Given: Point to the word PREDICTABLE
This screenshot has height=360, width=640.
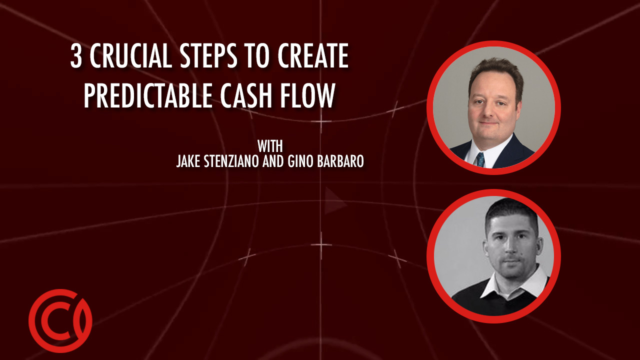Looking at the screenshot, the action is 147,95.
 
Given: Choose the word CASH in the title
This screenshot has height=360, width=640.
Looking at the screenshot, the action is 245,95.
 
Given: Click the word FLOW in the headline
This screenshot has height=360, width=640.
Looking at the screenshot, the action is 307,95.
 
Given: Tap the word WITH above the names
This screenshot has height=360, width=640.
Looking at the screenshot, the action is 270,146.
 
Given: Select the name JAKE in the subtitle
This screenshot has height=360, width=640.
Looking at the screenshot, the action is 188,161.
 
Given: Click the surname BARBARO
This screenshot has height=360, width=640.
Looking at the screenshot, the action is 340,161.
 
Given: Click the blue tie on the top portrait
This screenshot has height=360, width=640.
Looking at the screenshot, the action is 480,159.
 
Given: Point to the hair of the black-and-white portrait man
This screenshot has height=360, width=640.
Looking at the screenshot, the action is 511,211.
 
